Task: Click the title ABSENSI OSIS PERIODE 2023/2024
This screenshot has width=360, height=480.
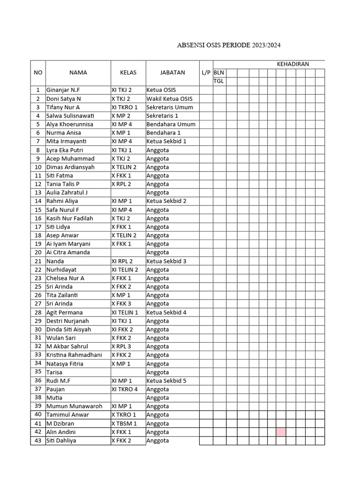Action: (230, 45)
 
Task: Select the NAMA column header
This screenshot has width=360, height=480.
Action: (78, 73)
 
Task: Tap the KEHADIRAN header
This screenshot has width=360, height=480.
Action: (292, 64)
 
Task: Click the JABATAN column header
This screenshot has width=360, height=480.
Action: (172, 73)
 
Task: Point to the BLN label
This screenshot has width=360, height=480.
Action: (219, 73)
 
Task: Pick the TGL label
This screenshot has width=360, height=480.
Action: (219, 81)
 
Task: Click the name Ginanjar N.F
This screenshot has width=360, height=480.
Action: (63, 90)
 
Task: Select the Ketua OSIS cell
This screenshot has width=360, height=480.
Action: (161, 90)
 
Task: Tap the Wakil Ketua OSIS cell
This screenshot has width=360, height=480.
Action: (169, 99)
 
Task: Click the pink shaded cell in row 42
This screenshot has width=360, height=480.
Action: (281, 432)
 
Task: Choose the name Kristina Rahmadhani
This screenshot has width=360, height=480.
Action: (74, 355)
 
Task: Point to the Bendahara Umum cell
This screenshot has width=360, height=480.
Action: (171, 124)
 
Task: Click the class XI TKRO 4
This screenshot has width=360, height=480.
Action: (124, 389)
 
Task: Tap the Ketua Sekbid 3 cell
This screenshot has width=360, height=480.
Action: (166, 261)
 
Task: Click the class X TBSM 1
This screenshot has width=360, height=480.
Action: (124, 423)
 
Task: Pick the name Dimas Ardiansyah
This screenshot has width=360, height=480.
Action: (70, 167)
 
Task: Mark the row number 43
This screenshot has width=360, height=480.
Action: (38, 441)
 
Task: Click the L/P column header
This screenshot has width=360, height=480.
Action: (206, 73)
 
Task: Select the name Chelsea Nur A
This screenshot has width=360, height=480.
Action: (65, 278)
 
